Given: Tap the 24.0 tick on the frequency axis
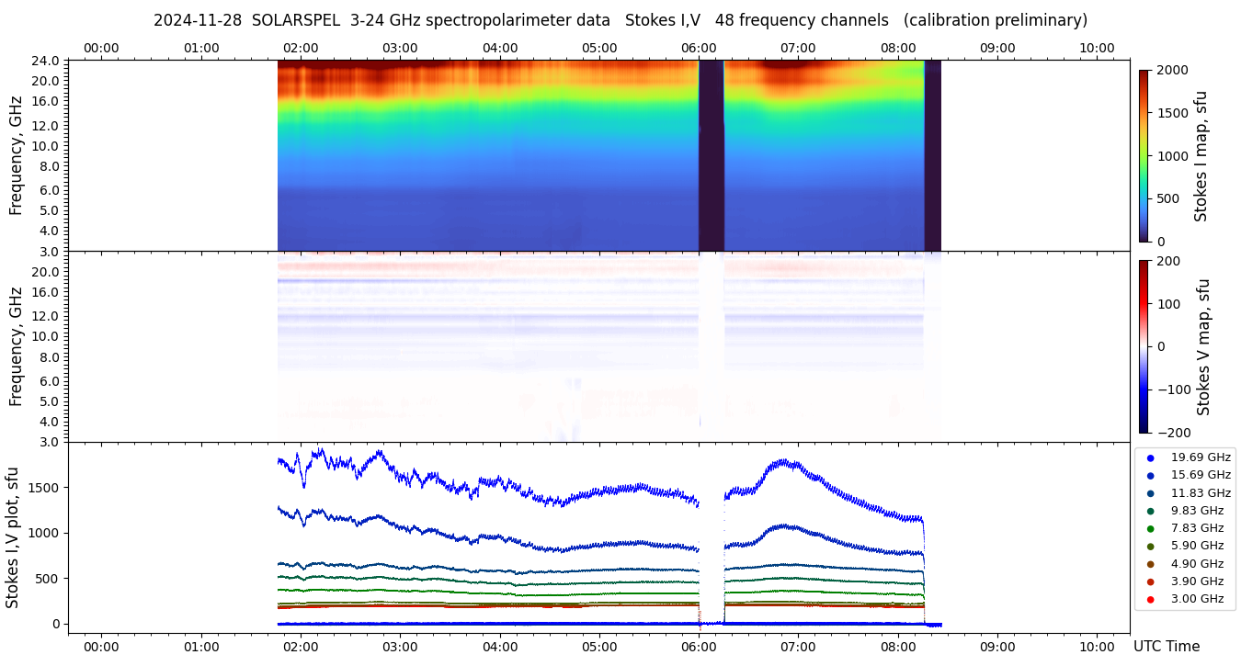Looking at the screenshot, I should [x=47, y=61].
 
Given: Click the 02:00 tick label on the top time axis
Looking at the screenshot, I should [x=301, y=48].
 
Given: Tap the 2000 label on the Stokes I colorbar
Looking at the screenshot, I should [x=1171, y=70].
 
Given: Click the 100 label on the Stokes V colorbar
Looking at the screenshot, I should [x=1168, y=303].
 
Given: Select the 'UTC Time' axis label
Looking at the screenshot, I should [x=1166, y=647].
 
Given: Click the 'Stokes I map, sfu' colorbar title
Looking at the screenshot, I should [x=1201, y=156].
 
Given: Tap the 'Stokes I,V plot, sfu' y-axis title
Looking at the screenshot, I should [x=13, y=537].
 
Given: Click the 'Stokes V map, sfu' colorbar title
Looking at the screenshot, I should [x=1203, y=347].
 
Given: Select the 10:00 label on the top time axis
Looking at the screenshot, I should [x=1097, y=48].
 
